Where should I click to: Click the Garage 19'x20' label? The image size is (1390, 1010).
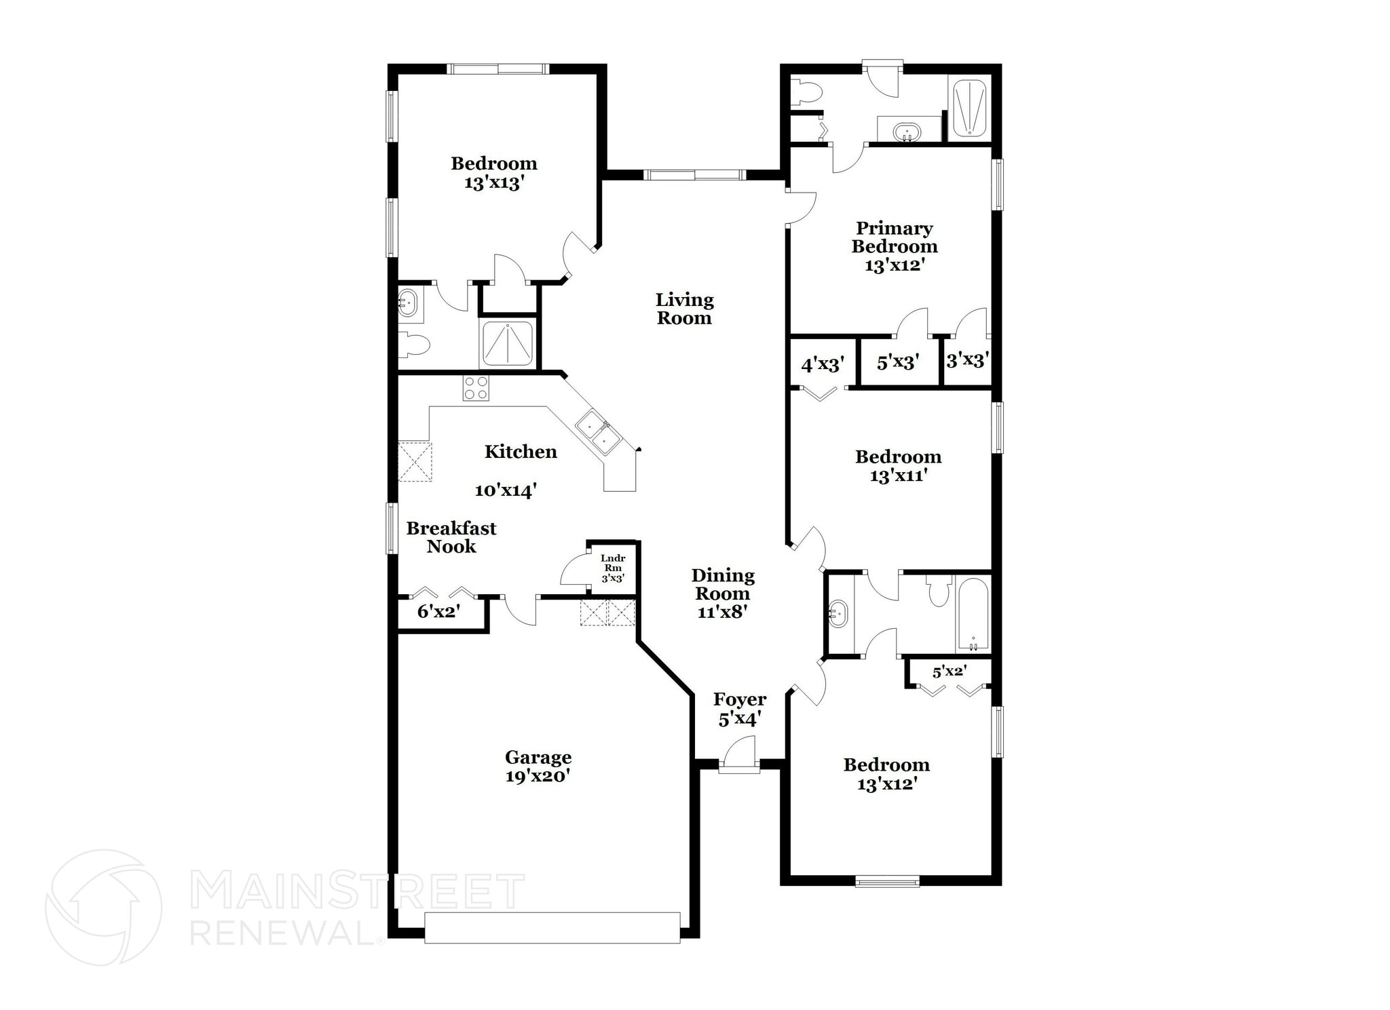click(x=538, y=766)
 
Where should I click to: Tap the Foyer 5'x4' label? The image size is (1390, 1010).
click(x=739, y=709)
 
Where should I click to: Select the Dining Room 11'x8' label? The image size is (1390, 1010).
click(x=722, y=594)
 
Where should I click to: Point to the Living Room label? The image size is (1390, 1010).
click(x=684, y=309)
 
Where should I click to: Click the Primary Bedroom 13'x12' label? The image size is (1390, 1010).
click(x=895, y=246)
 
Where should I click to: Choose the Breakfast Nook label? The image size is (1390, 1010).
click(x=451, y=537)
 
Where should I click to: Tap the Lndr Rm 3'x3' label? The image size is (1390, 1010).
click(x=613, y=568)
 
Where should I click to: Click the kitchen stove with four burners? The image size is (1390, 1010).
click(x=476, y=388)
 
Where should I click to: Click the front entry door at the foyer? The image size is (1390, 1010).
click(x=739, y=765)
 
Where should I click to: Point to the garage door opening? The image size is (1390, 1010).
click(x=552, y=927)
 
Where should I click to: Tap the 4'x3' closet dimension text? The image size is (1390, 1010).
click(x=823, y=365)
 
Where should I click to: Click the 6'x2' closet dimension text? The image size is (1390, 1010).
click(x=438, y=612)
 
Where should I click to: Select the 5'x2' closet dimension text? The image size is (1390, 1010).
click(x=949, y=672)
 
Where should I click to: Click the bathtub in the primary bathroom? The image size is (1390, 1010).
click(x=969, y=109)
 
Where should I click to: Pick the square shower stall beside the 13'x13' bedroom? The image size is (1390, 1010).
click(x=508, y=344)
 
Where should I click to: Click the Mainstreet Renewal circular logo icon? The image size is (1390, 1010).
click(x=103, y=908)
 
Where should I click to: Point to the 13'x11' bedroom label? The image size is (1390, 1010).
click(x=898, y=466)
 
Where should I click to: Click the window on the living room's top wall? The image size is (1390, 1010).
click(x=694, y=175)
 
